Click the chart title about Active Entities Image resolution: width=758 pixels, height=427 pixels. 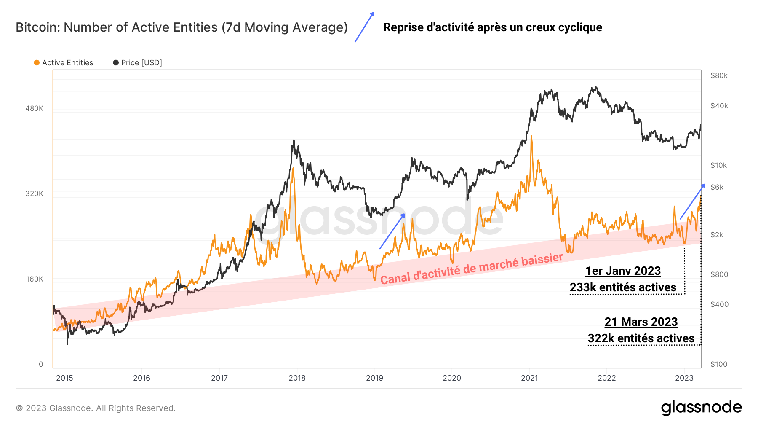181,27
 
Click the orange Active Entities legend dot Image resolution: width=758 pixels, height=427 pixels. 37,63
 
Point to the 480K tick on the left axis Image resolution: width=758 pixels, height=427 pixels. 34,108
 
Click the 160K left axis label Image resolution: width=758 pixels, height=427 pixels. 35,279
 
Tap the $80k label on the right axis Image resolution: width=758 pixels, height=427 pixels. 719,76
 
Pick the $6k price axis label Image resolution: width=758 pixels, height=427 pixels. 717,187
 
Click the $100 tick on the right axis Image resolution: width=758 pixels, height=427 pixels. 718,364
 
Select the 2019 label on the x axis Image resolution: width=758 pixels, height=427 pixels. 374,378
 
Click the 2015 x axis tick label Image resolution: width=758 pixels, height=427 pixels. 64,378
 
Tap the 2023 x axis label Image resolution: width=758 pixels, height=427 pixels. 684,378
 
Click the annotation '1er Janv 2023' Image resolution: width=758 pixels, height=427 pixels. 623,271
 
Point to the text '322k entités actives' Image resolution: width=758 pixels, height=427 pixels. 641,338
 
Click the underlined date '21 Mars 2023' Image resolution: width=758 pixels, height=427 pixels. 641,322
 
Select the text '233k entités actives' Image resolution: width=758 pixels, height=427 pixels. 623,287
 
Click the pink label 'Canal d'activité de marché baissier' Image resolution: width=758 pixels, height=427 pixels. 471,269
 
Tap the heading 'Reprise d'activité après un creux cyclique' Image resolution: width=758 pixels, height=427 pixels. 492,27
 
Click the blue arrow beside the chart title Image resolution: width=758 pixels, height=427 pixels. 364,27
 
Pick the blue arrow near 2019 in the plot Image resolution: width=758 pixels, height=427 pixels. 392,231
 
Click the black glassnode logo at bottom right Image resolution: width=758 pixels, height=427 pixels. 701,408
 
